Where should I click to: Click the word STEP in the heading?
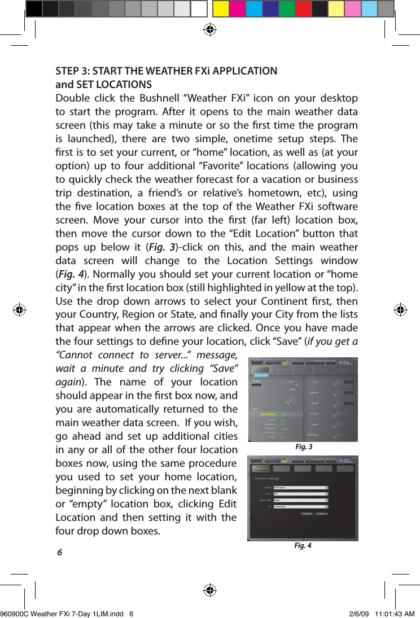point(67,72)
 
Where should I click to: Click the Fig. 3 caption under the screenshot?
point(303,447)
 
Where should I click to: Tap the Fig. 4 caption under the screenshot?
point(303,546)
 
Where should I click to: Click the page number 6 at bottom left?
point(59,552)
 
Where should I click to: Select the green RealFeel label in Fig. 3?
point(270,414)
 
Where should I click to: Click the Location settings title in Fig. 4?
point(270,477)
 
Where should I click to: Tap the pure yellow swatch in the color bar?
point(221,9)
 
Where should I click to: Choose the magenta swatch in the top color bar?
point(237,9)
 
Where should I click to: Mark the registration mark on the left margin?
point(20,309)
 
